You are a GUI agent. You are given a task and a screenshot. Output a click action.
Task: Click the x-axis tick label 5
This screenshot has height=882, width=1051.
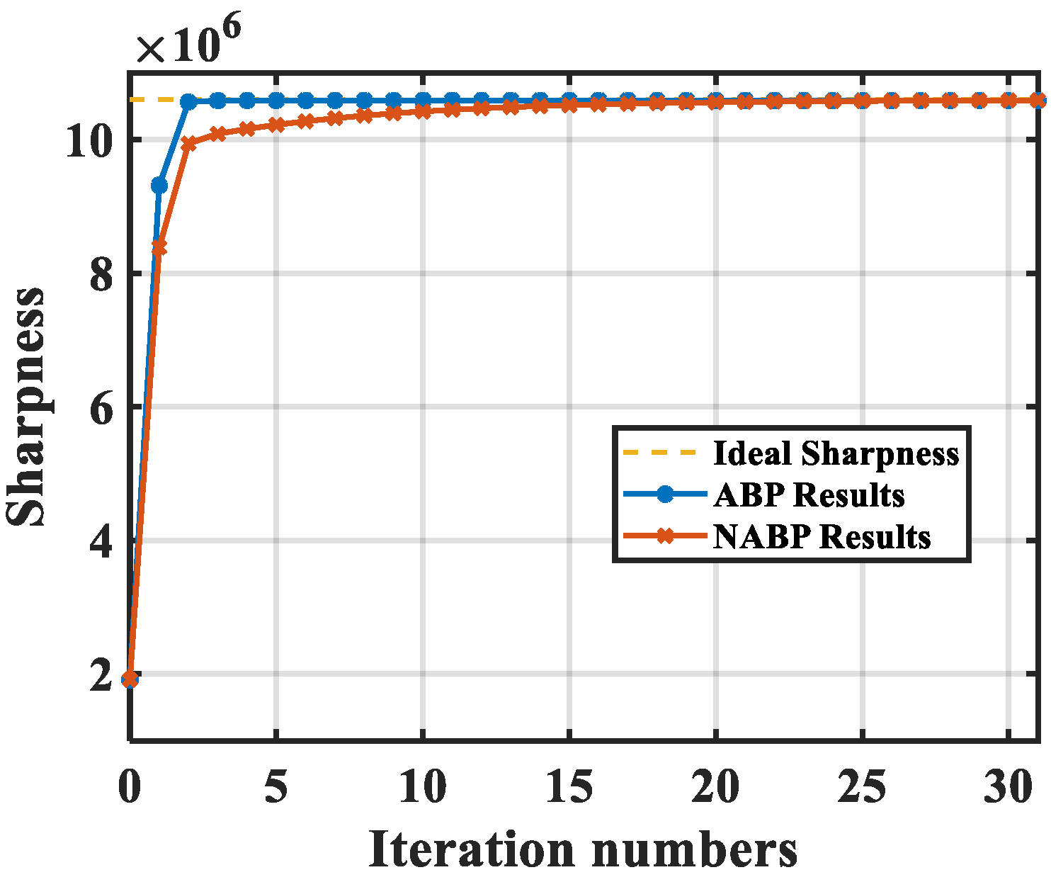click(275, 787)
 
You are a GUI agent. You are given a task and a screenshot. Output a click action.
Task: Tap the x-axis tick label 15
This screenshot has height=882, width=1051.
click(569, 787)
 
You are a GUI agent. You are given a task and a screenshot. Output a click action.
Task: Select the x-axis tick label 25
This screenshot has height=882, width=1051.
click(862, 787)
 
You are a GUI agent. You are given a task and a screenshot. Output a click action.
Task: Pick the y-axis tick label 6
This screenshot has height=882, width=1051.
click(102, 407)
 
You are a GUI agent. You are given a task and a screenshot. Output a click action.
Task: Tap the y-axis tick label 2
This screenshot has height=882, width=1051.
click(102, 674)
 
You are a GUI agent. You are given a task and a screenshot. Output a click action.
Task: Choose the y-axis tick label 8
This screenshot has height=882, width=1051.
click(102, 273)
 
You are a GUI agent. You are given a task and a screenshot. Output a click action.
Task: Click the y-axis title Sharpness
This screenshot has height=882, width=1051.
click(27, 407)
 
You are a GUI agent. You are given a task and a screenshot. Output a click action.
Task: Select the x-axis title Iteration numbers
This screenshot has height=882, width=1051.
click(582, 849)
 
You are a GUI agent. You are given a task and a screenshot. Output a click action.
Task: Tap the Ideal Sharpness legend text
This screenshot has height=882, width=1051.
click(836, 453)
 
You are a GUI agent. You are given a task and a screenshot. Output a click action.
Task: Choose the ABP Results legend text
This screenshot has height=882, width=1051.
click(809, 495)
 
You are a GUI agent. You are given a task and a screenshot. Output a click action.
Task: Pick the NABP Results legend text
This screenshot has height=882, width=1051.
click(822, 537)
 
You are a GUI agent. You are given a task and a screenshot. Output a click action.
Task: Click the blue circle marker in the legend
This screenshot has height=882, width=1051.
click(664, 494)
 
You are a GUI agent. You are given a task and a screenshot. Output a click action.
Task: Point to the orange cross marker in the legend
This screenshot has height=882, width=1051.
click(664, 536)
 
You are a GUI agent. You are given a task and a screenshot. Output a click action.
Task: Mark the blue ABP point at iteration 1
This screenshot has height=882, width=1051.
click(159, 186)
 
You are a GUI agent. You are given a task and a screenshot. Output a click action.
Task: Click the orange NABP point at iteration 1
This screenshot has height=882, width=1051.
click(159, 247)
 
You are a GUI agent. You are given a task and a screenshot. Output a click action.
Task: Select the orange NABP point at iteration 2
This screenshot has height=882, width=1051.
click(188, 144)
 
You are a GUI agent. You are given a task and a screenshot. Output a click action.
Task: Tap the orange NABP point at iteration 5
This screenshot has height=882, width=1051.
click(276, 125)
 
